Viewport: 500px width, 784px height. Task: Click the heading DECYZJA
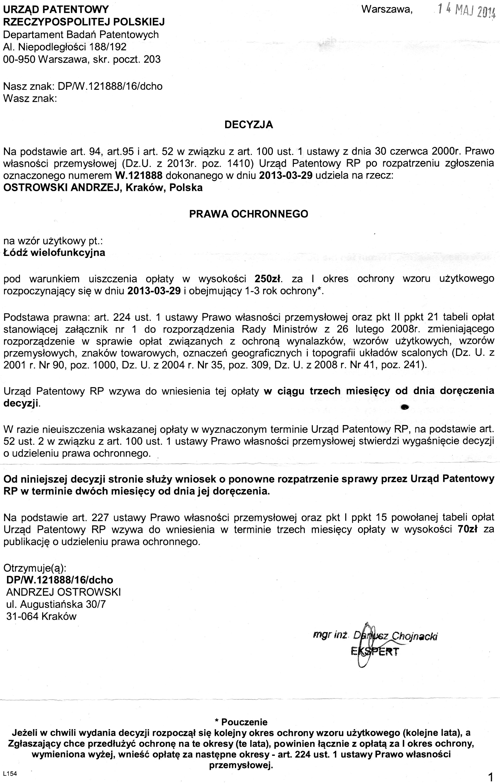249,125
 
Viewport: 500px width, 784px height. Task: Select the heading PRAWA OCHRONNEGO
249,214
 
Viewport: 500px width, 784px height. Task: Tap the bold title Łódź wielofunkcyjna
54,253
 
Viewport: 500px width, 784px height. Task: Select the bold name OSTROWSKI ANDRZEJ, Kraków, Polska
103,188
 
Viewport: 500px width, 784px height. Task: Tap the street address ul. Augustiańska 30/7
56,604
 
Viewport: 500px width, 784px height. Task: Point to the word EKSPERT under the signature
375,652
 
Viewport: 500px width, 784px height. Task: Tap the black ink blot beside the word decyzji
405,406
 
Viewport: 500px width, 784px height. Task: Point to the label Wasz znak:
30,98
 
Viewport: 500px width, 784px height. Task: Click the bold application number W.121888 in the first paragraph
139,176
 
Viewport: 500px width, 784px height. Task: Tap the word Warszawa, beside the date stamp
387,9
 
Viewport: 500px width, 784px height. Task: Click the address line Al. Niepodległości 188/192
64,47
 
